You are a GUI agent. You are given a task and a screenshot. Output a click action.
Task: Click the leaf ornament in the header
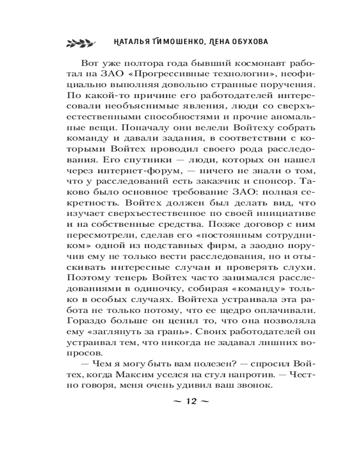click(x=79, y=42)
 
